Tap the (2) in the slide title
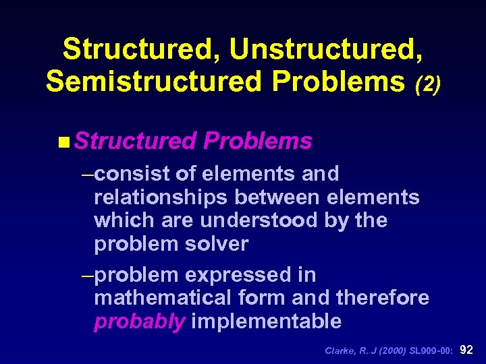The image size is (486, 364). (427, 84)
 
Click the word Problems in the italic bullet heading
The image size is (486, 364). (257, 141)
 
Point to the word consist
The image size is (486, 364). (132, 174)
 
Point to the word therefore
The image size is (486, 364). (382, 298)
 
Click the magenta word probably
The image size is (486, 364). (139, 322)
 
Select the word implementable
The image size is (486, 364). (267, 322)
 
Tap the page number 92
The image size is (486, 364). (467, 350)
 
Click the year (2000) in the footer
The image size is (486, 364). (383, 351)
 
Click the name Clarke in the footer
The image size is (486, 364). (338, 351)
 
